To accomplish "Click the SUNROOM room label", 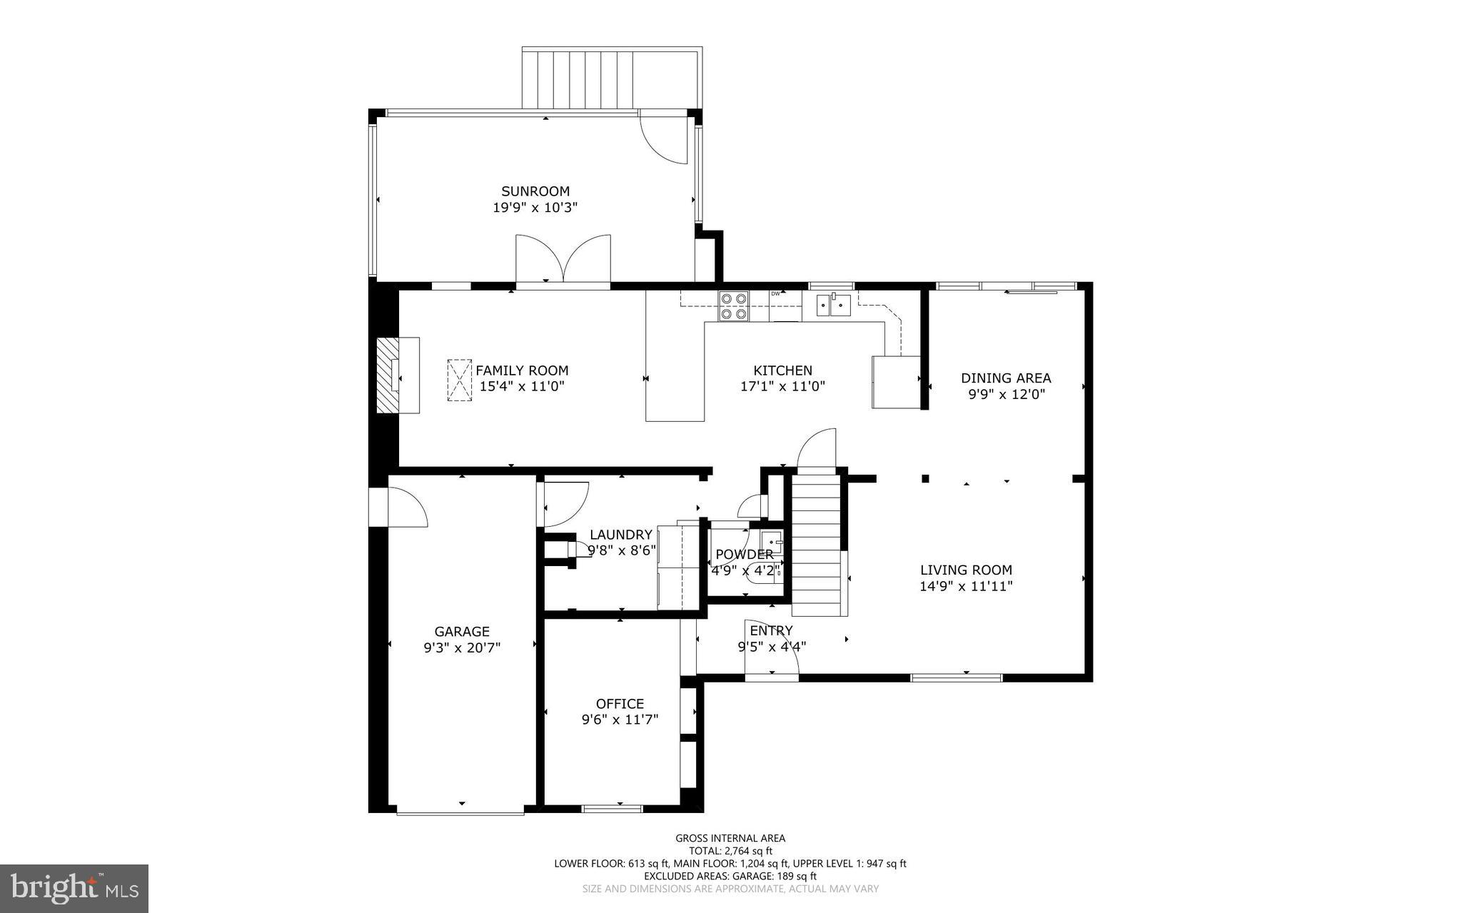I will click(x=535, y=191).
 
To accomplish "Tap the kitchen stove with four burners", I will click(x=733, y=306).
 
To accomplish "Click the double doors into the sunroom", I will click(x=563, y=260).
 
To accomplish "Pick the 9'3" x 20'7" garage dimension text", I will click(x=462, y=648).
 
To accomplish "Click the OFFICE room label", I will click(x=620, y=704).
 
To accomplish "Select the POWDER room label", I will click(x=744, y=555).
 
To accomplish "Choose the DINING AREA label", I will click(x=1006, y=378).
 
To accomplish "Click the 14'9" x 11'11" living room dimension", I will click(x=966, y=587).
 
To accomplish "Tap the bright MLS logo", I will click(x=74, y=888).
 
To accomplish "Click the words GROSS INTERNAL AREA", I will click(x=730, y=839).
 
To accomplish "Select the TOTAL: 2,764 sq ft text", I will click(x=730, y=851).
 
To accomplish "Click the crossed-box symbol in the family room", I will click(x=460, y=380).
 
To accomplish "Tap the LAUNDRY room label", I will click(x=620, y=535).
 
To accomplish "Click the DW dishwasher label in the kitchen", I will click(x=775, y=293).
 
